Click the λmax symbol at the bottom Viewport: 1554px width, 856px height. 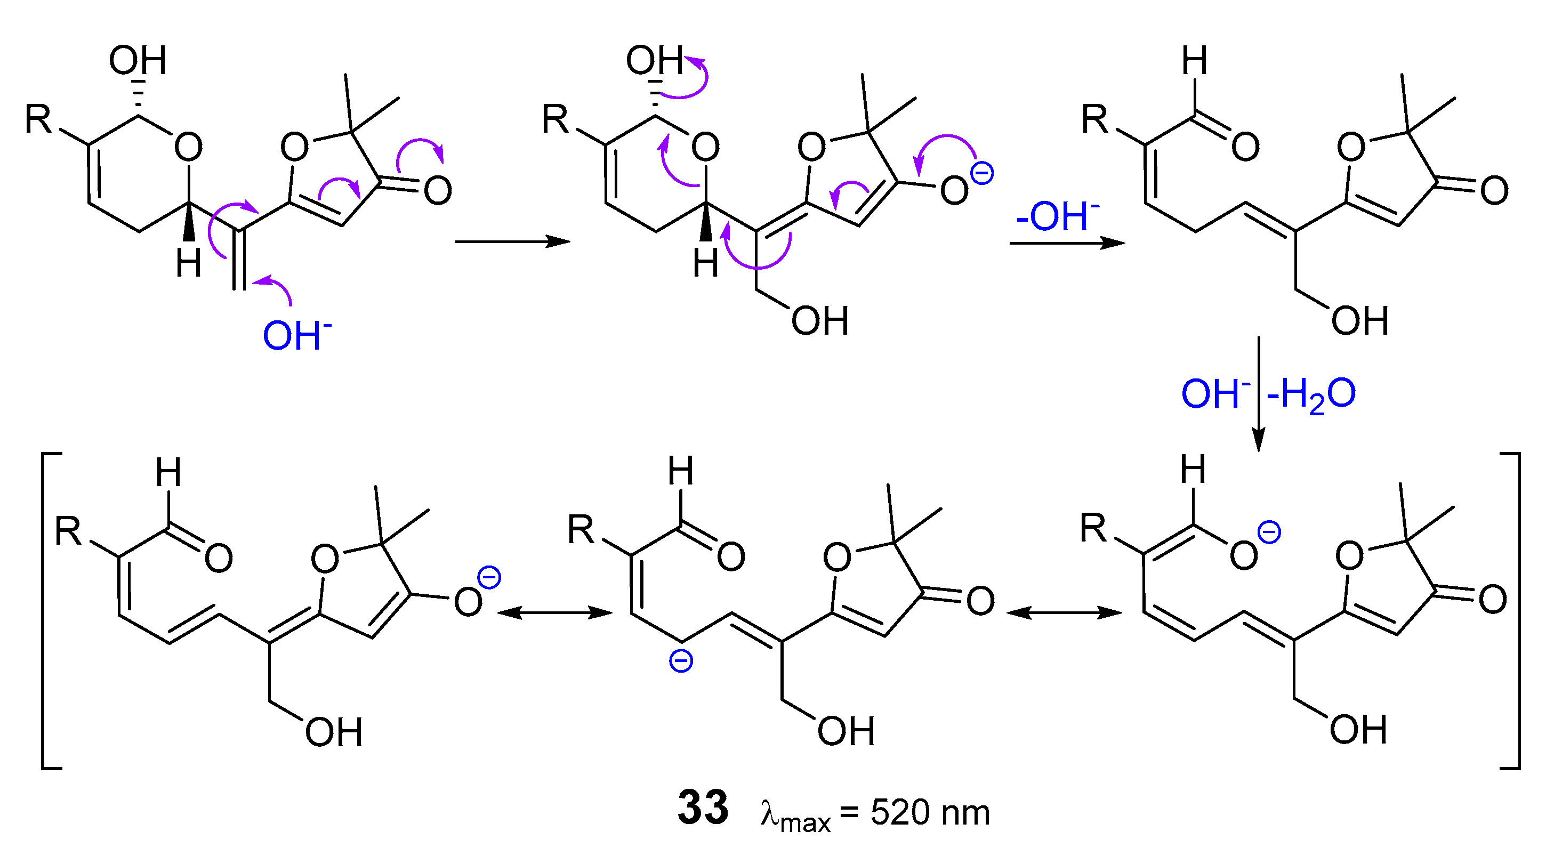tap(795, 815)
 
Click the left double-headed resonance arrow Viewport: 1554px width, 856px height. tap(554, 613)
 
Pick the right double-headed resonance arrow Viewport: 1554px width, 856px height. tap(1065, 613)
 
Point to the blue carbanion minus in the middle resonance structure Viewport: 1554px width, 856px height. tap(681, 662)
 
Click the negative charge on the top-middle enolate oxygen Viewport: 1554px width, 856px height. tap(981, 174)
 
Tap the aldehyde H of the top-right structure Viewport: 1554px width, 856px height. tap(1195, 60)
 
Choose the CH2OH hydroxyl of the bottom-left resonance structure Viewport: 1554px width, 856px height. tap(334, 732)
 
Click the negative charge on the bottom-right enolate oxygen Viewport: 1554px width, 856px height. tap(1269, 533)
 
